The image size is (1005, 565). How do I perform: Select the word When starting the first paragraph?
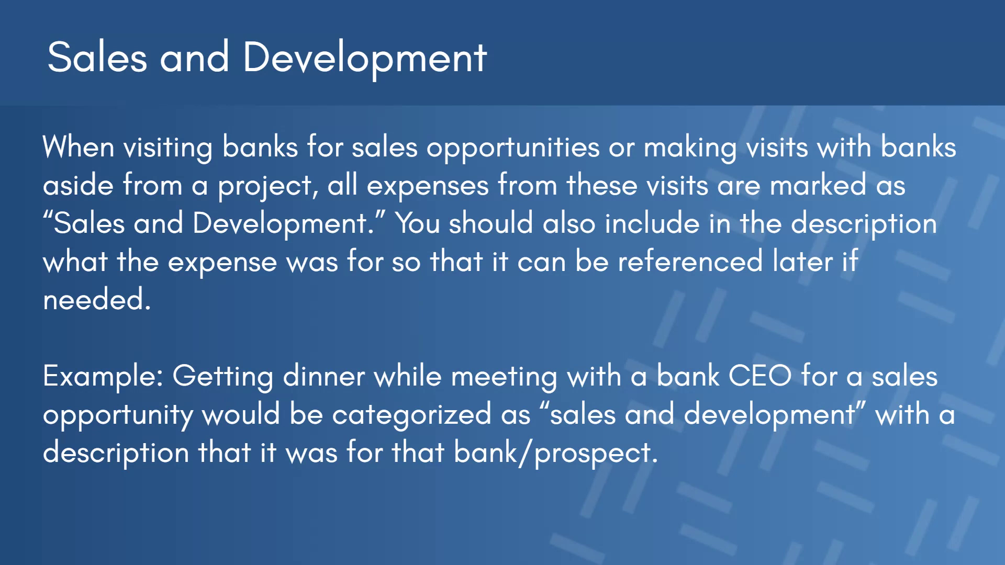point(79,146)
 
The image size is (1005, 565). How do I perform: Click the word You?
point(417,223)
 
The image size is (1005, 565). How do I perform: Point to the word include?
point(652,223)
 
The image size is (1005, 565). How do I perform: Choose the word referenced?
point(690,261)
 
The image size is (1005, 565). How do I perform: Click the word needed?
point(97,299)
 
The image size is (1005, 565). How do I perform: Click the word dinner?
point(324,376)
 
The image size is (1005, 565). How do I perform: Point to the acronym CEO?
point(760,376)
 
